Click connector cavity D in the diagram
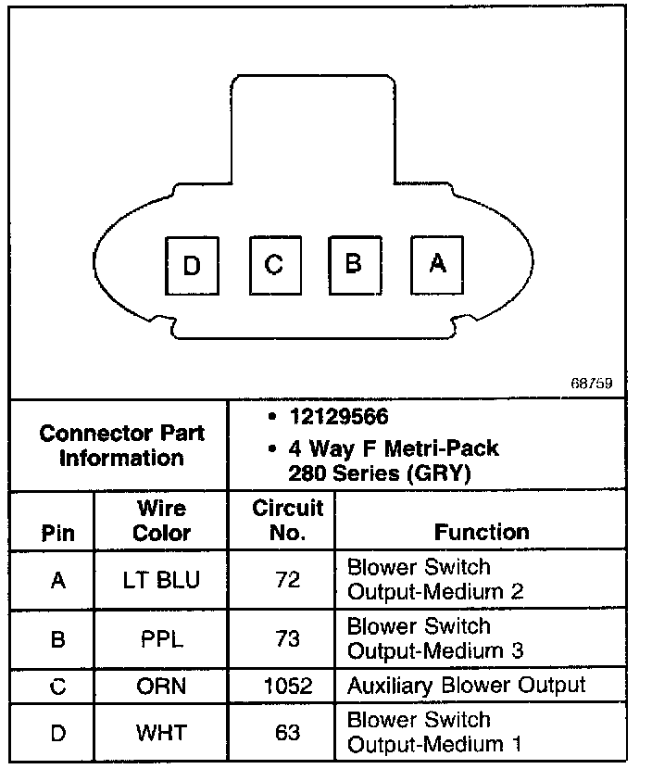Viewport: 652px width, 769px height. click(x=192, y=267)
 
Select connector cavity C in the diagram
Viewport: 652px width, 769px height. click(x=274, y=265)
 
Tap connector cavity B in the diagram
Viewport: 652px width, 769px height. click(x=353, y=264)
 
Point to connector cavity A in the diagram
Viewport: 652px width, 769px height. click(x=437, y=264)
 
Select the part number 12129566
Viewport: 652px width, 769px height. click(x=337, y=418)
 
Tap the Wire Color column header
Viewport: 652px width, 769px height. click(x=161, y=521)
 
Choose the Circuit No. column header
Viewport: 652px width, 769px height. click(x=288, y=520)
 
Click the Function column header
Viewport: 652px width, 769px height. click(x=482, y=532)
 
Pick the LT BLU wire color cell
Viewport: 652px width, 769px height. click(x=161, y=580)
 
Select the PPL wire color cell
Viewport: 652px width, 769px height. click(x=161, y=639)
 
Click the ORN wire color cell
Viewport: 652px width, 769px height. click(x=161, y=687)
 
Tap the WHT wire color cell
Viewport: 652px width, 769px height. click(x=161, y=733)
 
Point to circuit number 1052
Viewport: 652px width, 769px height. click(x=288, y=687)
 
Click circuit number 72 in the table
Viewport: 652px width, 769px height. click(x=288, y=580)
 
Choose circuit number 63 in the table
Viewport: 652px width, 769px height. click(x=288, y=733)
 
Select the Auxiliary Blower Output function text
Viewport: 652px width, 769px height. click(x=466, y=686)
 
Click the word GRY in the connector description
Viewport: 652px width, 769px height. click(x=450, y=473)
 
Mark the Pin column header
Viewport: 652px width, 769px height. click(x=58, y=533)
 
